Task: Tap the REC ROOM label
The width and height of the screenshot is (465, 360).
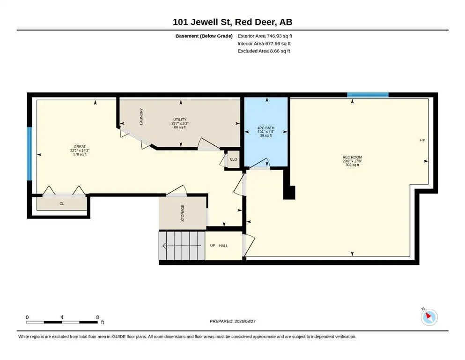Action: point(352,157)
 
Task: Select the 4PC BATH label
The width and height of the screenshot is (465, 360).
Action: point(266,128)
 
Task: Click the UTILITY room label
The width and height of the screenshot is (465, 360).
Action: point(180,120)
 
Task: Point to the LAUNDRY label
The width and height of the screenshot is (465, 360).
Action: point(141,116)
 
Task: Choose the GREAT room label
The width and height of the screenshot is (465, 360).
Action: point(80,147)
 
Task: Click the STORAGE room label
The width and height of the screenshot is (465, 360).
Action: point(183,213)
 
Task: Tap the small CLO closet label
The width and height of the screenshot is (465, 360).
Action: point(233,159)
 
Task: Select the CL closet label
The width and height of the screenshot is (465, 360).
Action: point(62,203)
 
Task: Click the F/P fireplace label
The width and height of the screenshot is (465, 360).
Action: point(422,140)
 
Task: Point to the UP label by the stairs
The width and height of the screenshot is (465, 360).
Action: point(213,246)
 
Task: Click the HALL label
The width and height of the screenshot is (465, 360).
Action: point(224,246)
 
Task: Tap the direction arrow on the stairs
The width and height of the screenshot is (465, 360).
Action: point(182,246)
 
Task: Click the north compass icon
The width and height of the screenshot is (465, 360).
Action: point(429,317)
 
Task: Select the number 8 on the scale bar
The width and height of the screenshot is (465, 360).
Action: point(97,317)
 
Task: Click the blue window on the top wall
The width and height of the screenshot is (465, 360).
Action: point(368,95)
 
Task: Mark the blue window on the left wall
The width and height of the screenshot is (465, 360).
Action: point(30,154)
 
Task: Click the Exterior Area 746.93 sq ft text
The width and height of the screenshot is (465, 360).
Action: point(265,36)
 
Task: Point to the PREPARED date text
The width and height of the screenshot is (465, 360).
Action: point(232,321)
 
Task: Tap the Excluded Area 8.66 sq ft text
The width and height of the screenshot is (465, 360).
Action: point(264,51)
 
